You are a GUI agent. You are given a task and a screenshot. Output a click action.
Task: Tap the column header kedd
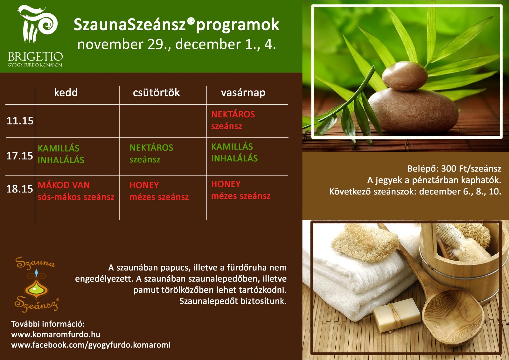pyautogui.click(x=66, y=93)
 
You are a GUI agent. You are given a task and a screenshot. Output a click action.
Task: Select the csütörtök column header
pyautogui.click(x=156, y=93)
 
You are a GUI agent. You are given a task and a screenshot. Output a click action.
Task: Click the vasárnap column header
pyautogui.click(x=243, y=93)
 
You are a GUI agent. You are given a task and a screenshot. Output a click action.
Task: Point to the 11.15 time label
pyautogui.click(x=20, y=121)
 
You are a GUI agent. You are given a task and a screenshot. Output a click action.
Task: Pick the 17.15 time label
pyautogui.click(x=20, y=156)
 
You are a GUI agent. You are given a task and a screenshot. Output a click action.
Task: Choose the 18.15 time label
pyautogui.click(x=20, y=189)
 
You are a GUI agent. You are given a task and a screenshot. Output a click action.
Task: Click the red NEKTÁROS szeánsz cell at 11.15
pyautogui.click(x=233, y=120)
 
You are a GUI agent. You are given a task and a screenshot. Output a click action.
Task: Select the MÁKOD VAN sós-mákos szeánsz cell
pyautogui.click(x=76, y=191)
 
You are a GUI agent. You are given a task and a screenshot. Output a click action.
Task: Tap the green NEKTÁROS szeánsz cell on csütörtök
pyautogui.click(x=151, y=153)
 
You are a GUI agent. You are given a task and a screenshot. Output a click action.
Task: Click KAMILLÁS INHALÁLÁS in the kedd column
pyautogui.click(x=61, y=154)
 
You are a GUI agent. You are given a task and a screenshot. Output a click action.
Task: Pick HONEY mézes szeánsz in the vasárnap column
pyautogui.click(x=241, y=190)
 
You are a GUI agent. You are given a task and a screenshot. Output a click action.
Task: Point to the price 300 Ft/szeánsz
pyautogui.click(x=471, y=168)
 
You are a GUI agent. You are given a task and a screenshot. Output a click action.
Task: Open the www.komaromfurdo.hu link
pyautogui.click(x=56, y=335)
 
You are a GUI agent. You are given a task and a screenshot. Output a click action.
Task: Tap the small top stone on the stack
pyautogui.click(x=404, y=76)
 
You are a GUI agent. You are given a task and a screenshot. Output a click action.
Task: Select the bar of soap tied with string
pyautogui.click(x=396, y=315)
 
